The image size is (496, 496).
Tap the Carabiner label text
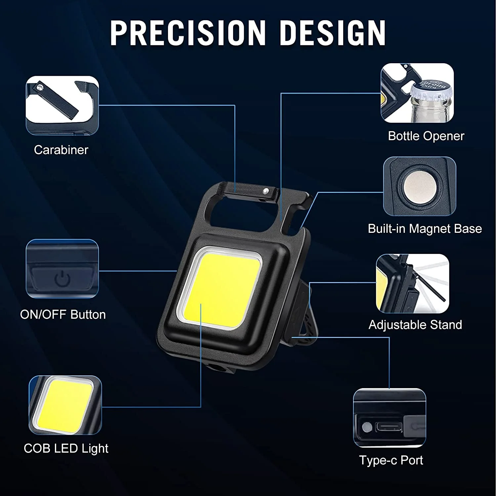pos(61,150)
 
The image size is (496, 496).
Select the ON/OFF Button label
pos(63,314)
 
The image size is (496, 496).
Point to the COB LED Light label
pos(66,448)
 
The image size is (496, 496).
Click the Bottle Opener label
pos(426,136)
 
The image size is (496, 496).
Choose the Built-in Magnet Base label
pos(425,229)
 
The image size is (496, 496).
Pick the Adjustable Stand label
pos(415,325)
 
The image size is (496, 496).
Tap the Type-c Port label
pos(391,460)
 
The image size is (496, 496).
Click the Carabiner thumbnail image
pos(62,105)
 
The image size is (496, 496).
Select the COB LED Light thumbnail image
pos(65,405)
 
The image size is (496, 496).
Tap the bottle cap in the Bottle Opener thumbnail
pos(430,89)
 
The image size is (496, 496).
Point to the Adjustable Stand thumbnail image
pos(413,283)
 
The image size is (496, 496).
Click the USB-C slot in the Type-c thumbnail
pos(389,427)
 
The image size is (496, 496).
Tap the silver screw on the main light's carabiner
pos(265,190)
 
